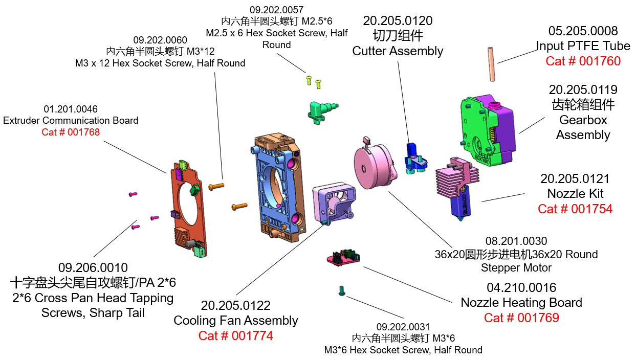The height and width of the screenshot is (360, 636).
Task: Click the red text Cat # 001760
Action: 583,61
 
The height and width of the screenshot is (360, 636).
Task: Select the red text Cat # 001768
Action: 71,132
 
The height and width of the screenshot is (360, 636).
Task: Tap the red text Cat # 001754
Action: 575,209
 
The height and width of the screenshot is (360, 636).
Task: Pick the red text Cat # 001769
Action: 521,318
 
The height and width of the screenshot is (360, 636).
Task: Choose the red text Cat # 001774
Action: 235,335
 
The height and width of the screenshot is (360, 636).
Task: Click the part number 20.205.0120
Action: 398,21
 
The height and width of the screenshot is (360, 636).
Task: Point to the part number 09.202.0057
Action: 276,10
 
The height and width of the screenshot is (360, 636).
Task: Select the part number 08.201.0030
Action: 516,241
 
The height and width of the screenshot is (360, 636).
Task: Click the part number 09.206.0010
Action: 93,267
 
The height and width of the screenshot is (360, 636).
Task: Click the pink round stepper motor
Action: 374,166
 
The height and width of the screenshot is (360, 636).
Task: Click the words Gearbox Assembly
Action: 583,127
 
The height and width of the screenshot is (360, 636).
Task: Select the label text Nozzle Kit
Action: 575,193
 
